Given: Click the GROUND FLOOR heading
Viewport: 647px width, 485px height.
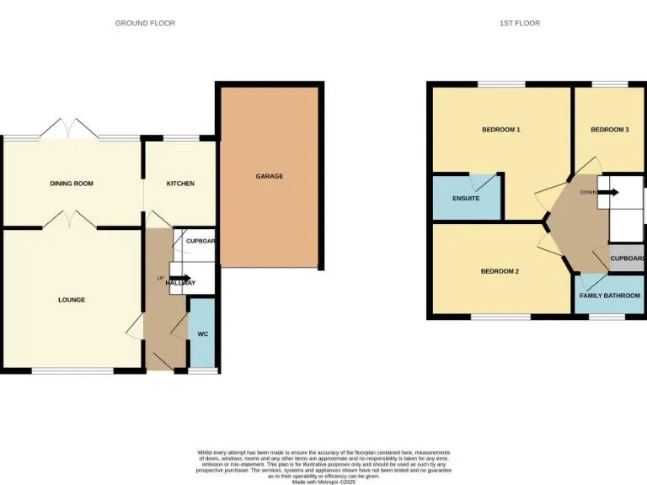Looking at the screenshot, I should [145, 23].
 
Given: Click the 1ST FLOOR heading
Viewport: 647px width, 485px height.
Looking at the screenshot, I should [519, 23].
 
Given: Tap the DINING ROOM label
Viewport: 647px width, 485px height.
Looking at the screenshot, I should [72, 184].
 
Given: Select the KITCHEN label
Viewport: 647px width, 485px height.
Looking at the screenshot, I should [180, 184].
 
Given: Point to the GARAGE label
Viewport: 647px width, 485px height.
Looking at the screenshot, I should [270, 177].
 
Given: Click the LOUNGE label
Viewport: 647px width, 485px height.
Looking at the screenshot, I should [72, 300].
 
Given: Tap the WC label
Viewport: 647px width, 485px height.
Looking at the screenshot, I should [202, 334].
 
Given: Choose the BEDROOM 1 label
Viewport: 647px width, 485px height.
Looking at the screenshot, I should [500, 130].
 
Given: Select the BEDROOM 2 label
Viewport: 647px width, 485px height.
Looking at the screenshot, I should [500, 271].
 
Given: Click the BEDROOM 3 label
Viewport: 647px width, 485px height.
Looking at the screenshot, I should [609, 130].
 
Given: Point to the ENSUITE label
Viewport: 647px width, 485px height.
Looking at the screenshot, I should [466, 199].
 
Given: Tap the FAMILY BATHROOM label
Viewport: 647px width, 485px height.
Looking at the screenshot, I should [609, 296].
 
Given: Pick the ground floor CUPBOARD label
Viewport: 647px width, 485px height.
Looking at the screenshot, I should [201, 242].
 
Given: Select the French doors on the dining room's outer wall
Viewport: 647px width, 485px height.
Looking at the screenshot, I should [71, 130].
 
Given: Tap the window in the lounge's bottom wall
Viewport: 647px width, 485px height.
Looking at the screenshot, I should [72, 370].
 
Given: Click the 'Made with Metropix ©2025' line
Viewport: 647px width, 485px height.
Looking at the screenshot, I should [323, 481].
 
